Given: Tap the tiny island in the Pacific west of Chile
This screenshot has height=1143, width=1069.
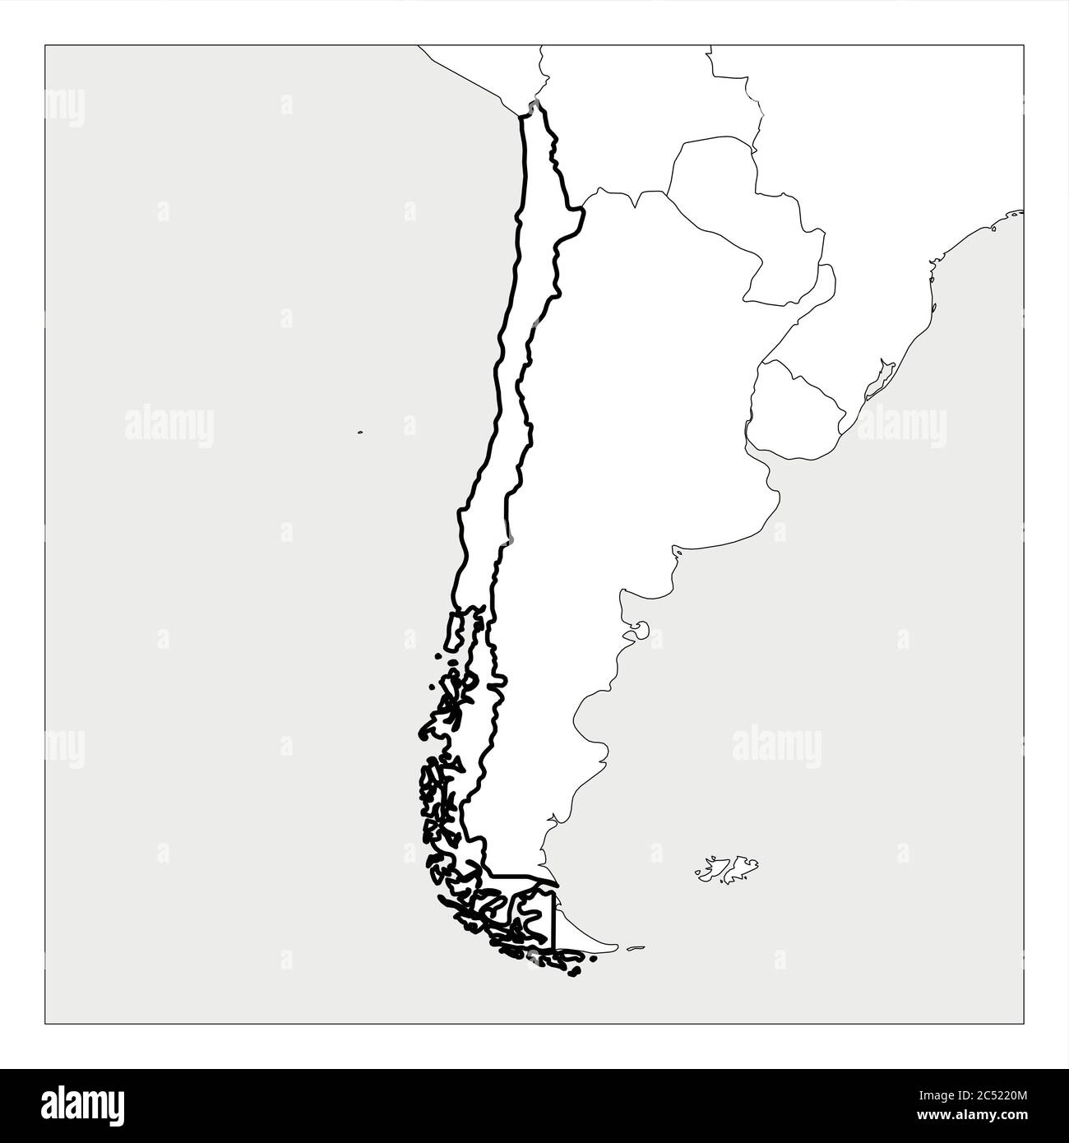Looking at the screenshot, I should click(x=360, y=431).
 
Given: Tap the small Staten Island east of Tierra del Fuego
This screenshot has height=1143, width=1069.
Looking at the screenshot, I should click(x=634, y=948).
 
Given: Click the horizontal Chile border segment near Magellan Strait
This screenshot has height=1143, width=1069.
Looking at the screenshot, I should click(x=518, y=876).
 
